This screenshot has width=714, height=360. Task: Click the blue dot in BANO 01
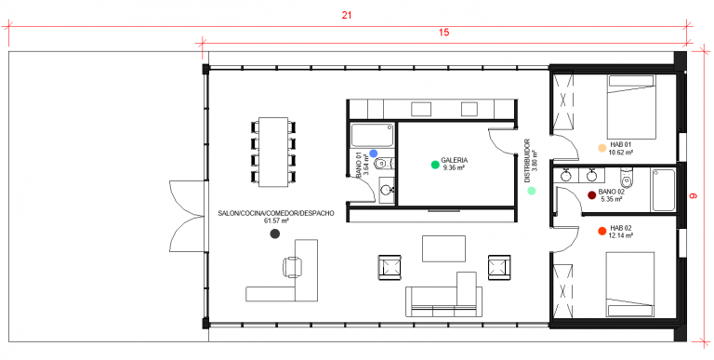click(x=374, y=153)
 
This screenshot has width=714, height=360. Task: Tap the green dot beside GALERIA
click(x=435, y=165)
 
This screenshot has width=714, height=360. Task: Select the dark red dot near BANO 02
click(x=592, y=195)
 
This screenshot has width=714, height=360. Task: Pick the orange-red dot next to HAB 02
click(x=602, y=231)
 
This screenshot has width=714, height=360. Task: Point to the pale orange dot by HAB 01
click(x=602, y=148)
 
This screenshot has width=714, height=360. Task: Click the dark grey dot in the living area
click(x=274, y=233)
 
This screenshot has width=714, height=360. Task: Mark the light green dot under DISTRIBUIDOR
click(x=532, y=191)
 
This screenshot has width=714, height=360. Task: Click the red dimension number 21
click(x=347, y=16)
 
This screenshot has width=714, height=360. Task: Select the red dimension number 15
click(x=444, y=33)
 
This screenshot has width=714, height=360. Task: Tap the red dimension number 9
click(x=693, y=196)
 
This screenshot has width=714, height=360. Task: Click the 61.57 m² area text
click(x=276, y=221)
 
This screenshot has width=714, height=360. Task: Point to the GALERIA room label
click(x=455, y=160)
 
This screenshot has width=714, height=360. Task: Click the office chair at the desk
click(x=292, y=267)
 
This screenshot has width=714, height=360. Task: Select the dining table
click(x=273, y=152)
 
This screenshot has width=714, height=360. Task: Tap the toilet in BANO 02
click(x=627, y=178)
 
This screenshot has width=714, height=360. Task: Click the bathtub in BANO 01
click(x=372, y=135)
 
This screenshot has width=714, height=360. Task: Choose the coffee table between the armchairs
click(x=443, y=248)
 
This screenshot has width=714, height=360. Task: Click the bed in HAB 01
click(x=631, y=107)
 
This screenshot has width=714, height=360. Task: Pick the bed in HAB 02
click(x=629, y=285)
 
